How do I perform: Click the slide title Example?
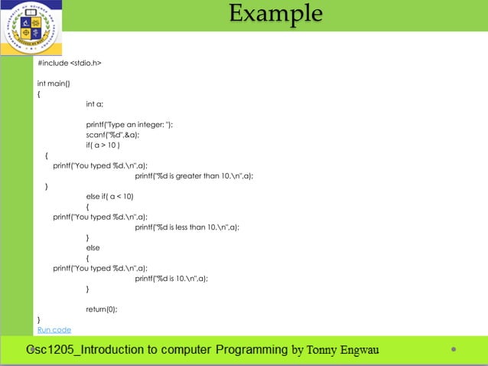275,14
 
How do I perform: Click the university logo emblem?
31,28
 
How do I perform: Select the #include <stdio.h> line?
70,62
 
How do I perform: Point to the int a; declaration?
95,103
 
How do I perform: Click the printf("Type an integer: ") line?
129,124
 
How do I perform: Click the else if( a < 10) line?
109,196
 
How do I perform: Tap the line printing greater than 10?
194,175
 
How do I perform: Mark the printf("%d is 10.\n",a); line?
171,279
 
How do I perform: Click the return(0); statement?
102,309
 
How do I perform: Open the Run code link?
54,330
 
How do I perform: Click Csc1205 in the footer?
50,350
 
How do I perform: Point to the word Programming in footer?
252,350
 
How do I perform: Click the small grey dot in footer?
454,349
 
